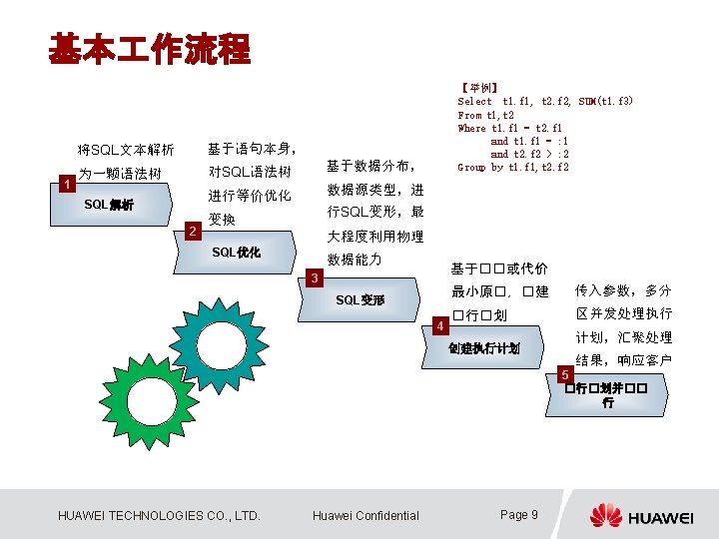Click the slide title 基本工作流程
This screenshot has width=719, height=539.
click(150, 48)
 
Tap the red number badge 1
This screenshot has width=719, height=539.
click(66, 184)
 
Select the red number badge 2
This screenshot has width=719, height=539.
click(192, 233)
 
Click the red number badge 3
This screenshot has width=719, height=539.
click(314, 277)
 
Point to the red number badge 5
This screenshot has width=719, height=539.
click(565, 374)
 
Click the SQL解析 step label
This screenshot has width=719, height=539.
click(109, 205)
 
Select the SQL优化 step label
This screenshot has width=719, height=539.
click(237, 253)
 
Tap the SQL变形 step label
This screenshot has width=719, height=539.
click(359, 299)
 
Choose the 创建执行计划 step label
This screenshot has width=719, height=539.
click(483, 348)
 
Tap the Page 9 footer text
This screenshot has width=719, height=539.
click(518, 514)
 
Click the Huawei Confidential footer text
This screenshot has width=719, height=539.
click(365, 515)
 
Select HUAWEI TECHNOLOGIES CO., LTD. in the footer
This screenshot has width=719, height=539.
click(159, 515)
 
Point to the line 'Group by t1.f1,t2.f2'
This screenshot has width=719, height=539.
click(512, 167)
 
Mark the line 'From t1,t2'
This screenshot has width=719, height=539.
click(483, 115)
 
